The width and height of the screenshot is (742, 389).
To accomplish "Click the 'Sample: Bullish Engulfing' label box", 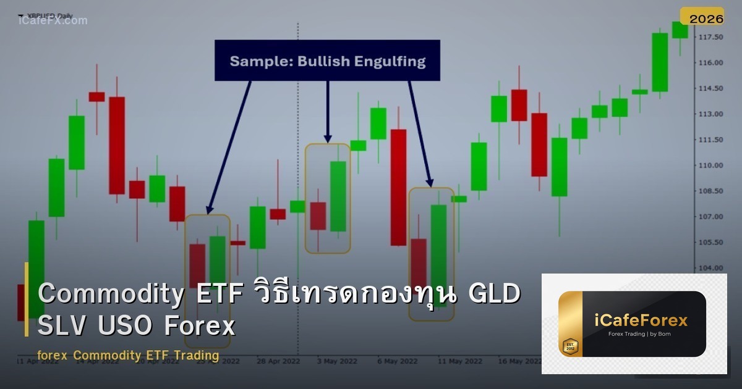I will click(327, 61).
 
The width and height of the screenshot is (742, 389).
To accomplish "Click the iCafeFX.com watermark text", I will click(53, 20).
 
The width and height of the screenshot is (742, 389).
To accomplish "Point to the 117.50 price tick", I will click(710, 37).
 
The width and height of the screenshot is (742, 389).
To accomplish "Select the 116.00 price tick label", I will click(710, 62).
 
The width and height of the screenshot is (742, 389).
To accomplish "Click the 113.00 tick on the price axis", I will click(710, 114).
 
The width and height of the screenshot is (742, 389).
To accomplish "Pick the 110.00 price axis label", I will click(710, 165).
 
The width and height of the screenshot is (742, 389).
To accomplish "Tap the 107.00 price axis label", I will click(710, 217).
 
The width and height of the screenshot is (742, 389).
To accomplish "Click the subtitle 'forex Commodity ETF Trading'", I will click(128, 356).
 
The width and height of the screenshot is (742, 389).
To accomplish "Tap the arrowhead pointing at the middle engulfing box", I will click(328, 138).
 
